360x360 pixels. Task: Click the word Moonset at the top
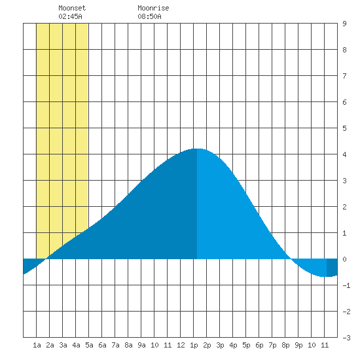pos(72,8)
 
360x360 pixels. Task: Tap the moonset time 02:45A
pos(70,16)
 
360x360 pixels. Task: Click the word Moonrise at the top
pos(153,8)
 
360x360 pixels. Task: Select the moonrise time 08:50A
pos(149,16)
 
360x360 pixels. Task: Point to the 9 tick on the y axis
pos(344,24)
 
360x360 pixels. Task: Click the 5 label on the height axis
pos(344,128)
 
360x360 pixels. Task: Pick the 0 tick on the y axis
pos(344,259)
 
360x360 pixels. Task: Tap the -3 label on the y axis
pos(346,338)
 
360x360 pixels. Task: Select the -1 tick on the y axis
pos(346,285)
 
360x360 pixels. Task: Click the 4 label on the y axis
pos(344,154)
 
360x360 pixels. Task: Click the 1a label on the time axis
pos(37,345)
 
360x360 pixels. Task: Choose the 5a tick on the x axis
pos(89,345)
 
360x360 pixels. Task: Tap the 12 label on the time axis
pos(181,345)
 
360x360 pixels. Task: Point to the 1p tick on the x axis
pos(194,345)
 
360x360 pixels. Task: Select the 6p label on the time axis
pos(259,345)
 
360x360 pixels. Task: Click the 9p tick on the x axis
pos(298,345)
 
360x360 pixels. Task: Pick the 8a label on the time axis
pos(128,345)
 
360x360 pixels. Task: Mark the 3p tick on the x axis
pos(220,345)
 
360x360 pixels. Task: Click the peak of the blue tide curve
pos(197,149)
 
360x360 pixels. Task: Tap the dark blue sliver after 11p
pos(332,268)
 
